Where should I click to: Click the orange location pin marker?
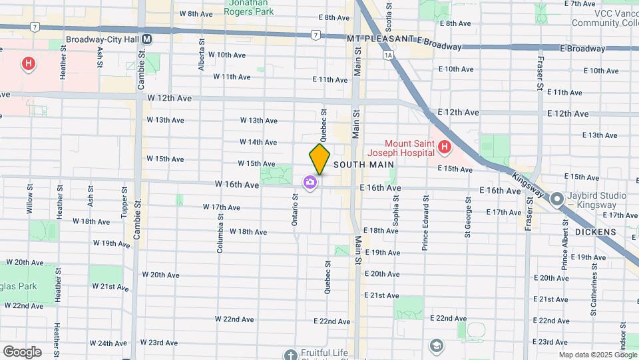tap(319, 159)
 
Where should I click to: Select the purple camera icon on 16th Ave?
tap(310, 182)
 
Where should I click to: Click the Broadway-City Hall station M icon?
tap(147, 39)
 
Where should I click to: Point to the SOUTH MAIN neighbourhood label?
tap(363, 164)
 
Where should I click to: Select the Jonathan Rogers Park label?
tap(250, 7)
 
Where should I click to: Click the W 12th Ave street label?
tap(170, 98)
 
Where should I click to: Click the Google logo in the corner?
tap(22, 351)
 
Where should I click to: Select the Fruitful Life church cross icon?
tap(290, 355)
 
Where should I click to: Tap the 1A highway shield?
tap(388, 55)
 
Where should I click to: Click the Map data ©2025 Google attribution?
tap(597, 355)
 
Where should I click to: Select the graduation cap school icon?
tap(436, 345)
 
